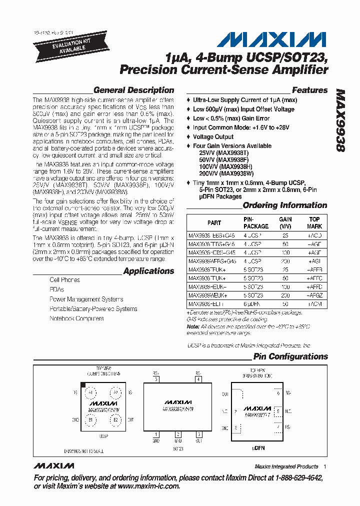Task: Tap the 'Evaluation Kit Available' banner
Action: (x=63, y=44)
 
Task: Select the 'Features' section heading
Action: (x=309, y=90)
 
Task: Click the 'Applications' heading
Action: (x=148, y=271)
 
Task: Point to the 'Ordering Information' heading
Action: (x=284, y=205)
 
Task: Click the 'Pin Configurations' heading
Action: (x=290, y=356)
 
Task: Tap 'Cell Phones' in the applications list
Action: (x=64, y=280)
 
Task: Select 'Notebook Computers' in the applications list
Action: (x=76, y=318)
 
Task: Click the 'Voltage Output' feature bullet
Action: (x=213, y=136)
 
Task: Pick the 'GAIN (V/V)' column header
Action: (x=285, y=222)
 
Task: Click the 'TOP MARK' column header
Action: (x=314, y=222)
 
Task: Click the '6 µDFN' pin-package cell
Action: (x=252, y=303)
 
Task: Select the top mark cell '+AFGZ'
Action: (x=314, y=295)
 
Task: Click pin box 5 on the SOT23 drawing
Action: (x=156, y=379)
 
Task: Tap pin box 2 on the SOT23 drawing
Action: (x=177, y=434)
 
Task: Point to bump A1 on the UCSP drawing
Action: (x=90, y=392)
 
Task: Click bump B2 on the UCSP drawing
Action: (x=115, y=420)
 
